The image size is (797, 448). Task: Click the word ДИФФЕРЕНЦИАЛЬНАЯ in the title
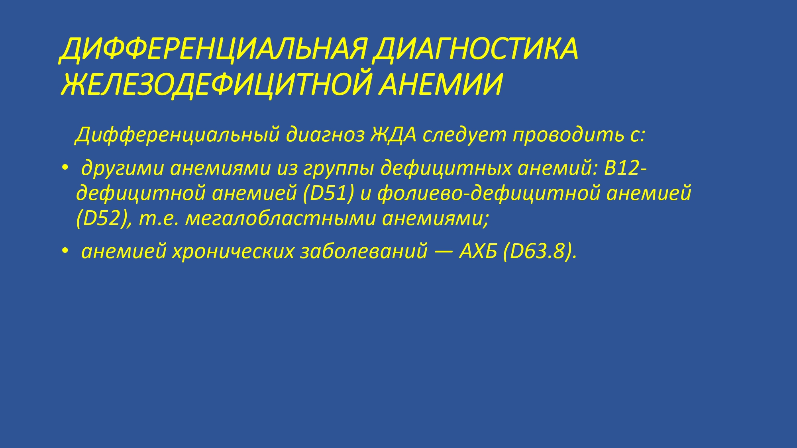(213, 50)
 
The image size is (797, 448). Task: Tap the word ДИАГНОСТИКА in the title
(474, 50)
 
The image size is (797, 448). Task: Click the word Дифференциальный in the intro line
(177, 135)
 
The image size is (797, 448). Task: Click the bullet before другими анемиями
(65, 169)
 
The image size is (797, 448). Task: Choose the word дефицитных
(446, 168)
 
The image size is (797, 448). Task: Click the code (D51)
(328, 194)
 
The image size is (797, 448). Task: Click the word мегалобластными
(281, 219)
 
